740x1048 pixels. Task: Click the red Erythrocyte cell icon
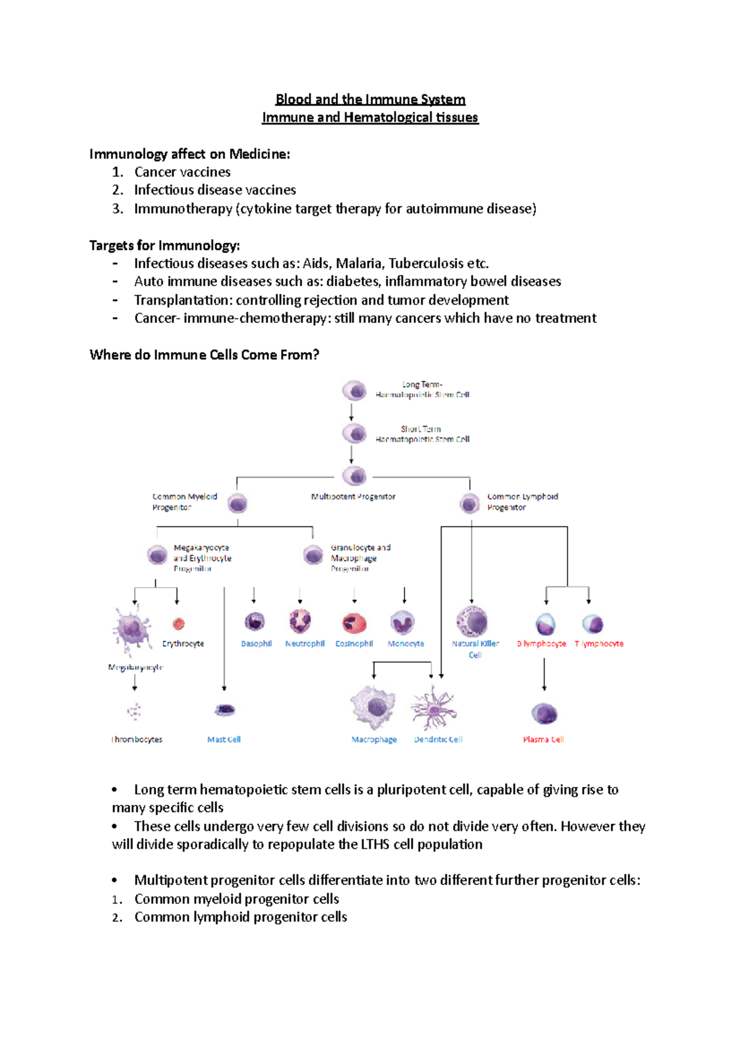tap(179, 623)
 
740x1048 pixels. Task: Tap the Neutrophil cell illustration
tap(300, 621)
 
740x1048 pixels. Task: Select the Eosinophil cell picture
tap(354, 623)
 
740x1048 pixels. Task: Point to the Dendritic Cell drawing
tap(434, 708)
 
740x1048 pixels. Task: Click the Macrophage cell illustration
tap(373, 707)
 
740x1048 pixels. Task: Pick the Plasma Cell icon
tap(544, 713)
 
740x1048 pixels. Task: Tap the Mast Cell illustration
tap(224, 710)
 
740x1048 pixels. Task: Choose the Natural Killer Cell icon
tap(472, 621)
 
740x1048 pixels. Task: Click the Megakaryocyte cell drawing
tap(131, 630)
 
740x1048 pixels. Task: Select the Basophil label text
tap(257, 644)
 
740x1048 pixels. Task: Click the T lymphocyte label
tap(599, 644)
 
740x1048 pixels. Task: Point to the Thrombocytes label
tap(137, 739)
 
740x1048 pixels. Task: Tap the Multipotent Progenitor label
tap(353, 497)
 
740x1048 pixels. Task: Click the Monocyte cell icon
tap(403, 622)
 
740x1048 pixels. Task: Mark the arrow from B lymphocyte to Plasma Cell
tap(544, 674)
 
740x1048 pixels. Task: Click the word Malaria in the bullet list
tap(358, 264)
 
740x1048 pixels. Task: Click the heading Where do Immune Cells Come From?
tap(204, 355)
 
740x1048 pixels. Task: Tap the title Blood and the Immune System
tap(370, 99)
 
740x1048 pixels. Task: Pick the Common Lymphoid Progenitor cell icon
tap(469, 504)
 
